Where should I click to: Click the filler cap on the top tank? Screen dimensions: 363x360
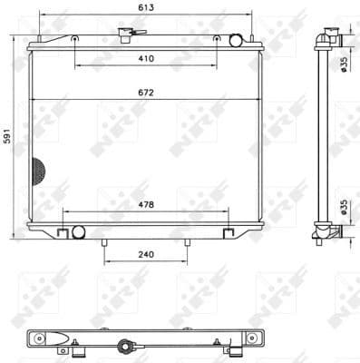point(124,36)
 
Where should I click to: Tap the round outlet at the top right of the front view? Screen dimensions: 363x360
point(236,40)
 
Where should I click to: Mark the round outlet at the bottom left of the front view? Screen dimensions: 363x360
point(78,232)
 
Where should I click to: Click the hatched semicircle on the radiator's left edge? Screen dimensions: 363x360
point(37,168)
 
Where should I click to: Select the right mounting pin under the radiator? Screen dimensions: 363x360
point(188,242)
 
